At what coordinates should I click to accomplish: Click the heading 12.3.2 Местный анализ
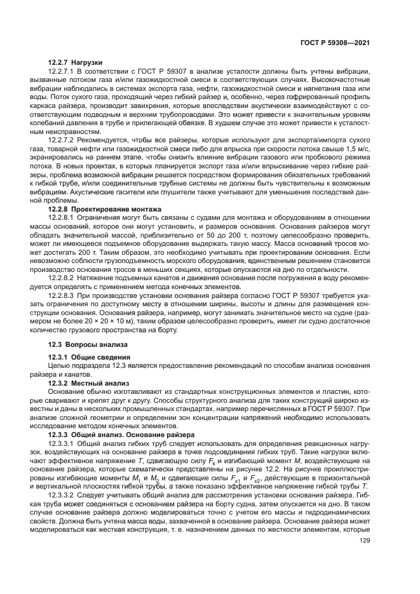click(80, 384)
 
